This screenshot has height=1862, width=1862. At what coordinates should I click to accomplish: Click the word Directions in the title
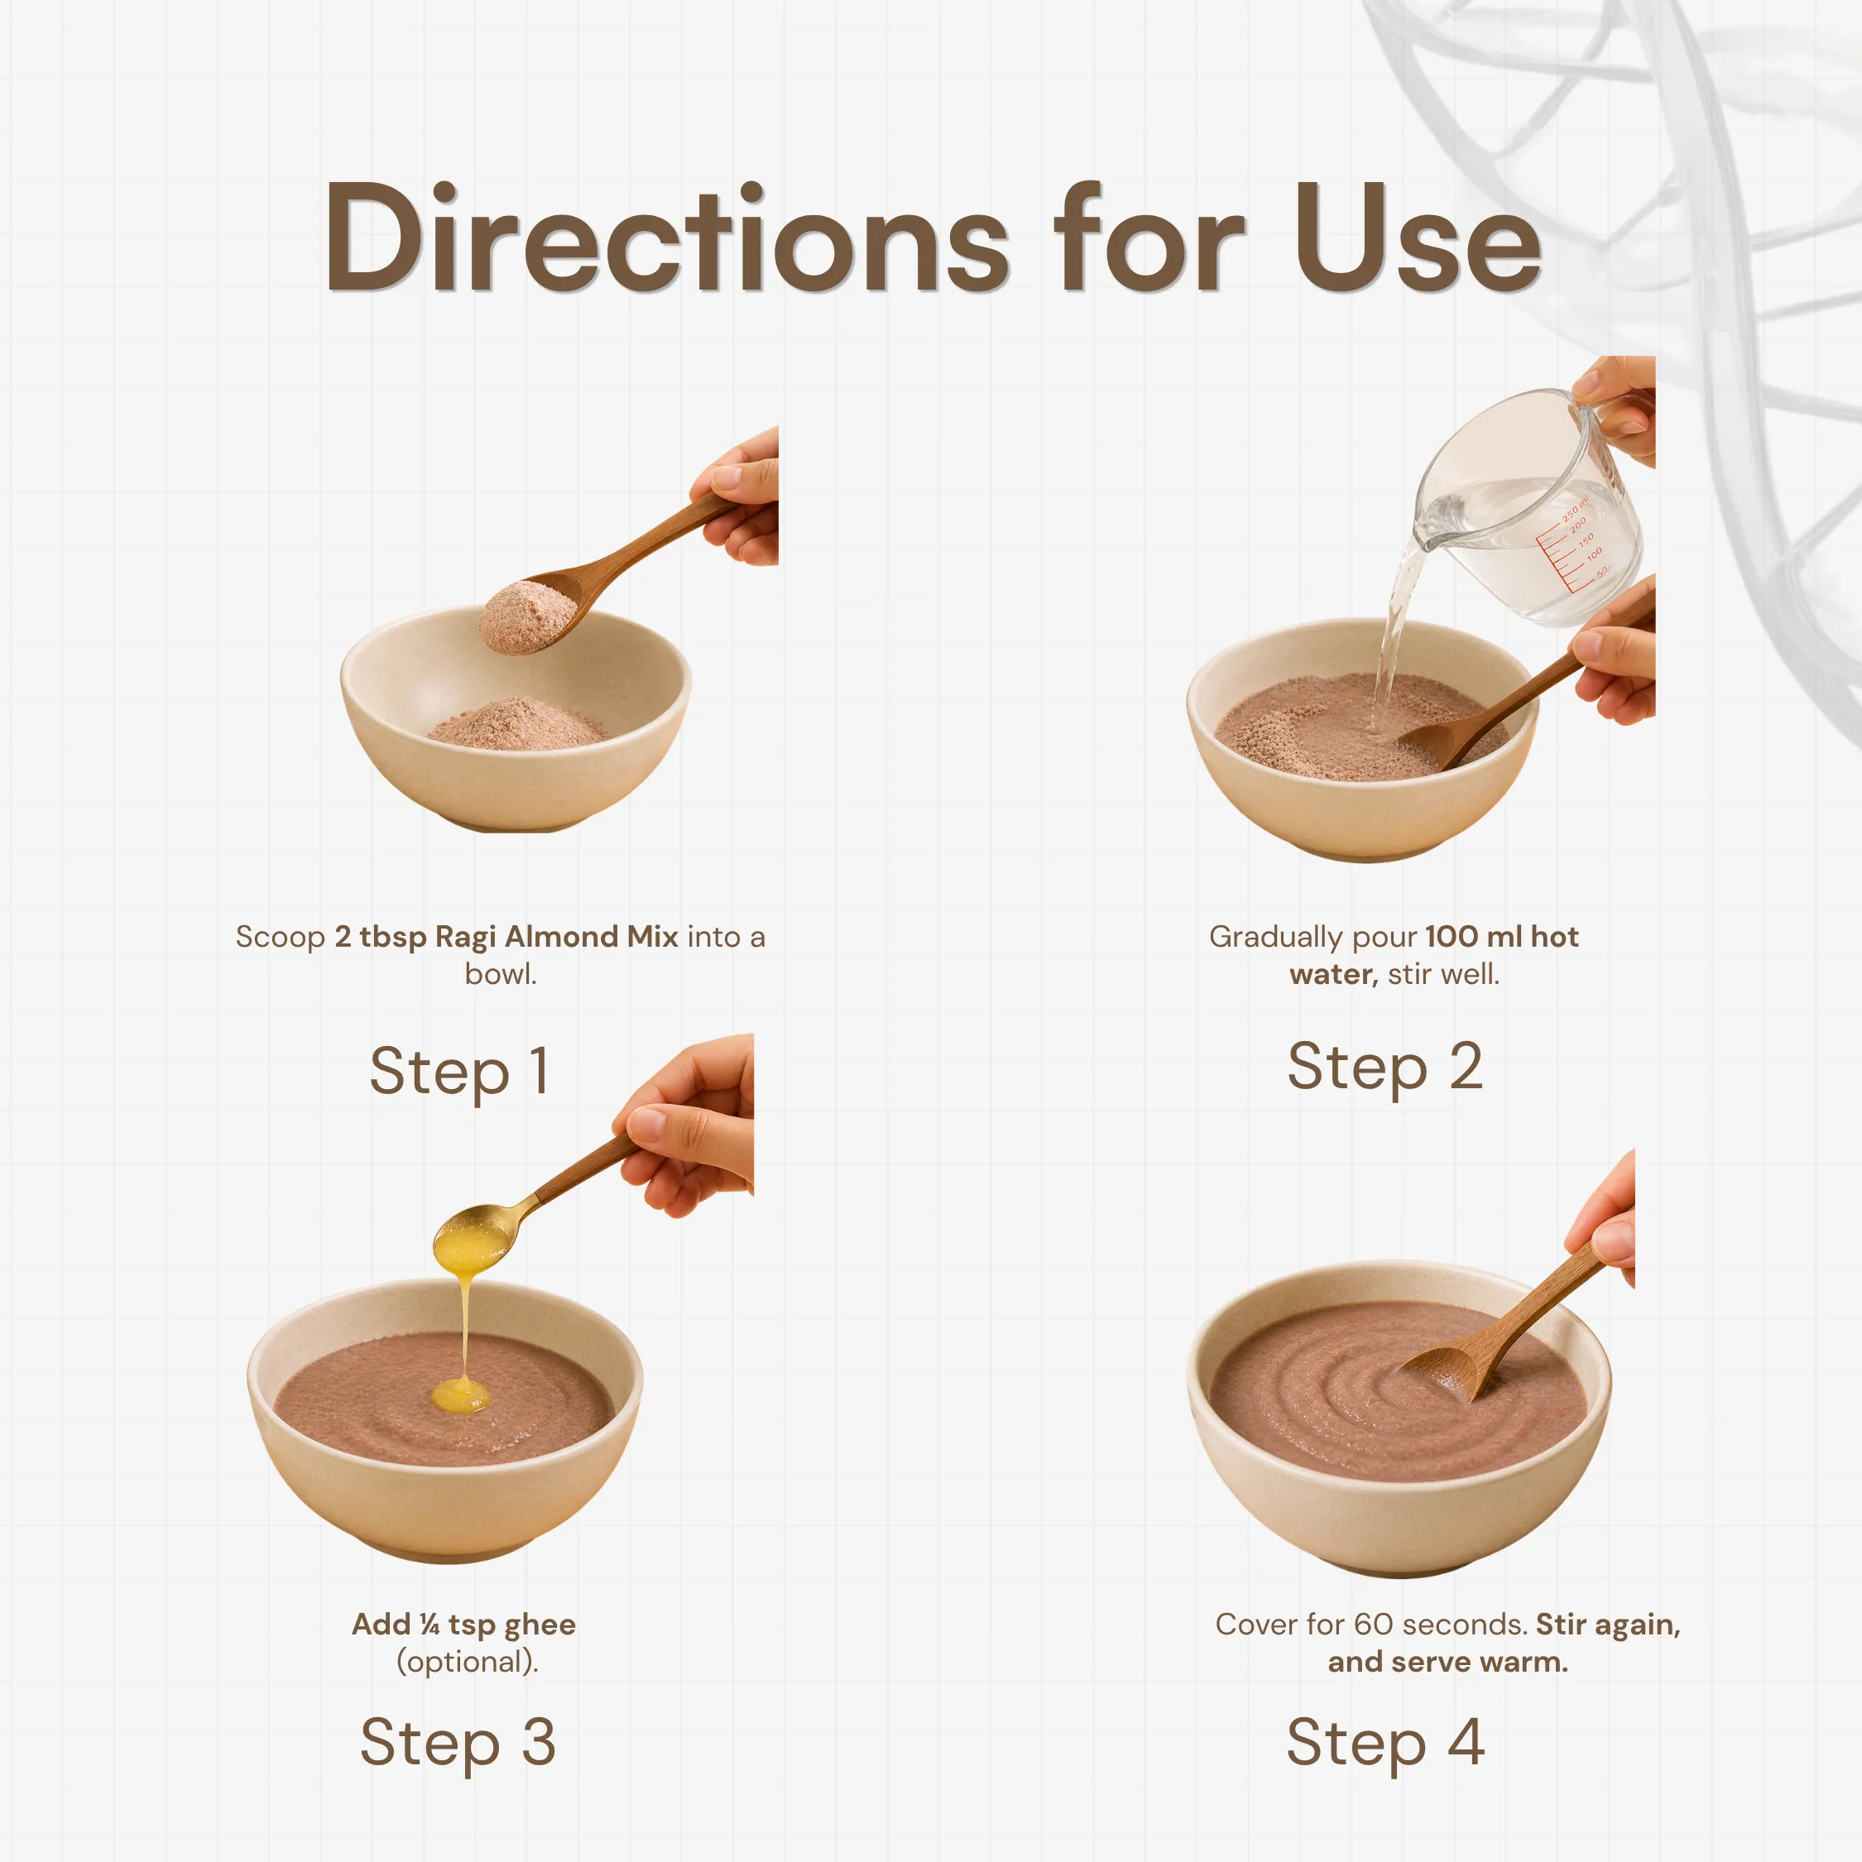[x=667, y=236]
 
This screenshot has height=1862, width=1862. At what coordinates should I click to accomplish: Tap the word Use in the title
[x=1417, y=236]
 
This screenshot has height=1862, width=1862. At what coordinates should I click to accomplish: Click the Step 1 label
[x=460, y=1073]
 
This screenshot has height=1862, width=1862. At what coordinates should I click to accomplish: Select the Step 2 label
[x=1385, y=1068]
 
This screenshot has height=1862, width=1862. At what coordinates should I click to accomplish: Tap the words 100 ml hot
[x=1501, y=937]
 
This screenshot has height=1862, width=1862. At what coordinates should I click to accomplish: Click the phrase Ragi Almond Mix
[x=557, y=937]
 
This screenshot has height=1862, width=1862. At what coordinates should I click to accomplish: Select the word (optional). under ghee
[x=468, y=1662]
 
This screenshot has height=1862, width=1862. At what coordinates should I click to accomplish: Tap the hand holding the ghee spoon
[x=686, y=1123]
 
